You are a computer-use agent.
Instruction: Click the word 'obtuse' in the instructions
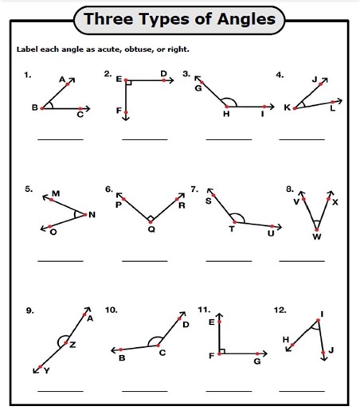pyautogui.click(x=122, y=49)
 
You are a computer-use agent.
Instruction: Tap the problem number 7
pyautogui.click(x=194, y=189)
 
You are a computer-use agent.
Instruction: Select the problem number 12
pyautogui.click(x=279, y=309)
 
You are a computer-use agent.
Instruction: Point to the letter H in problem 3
pyautogui.click(x=225, y=114)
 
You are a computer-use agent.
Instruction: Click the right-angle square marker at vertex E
pyautogui.click(x=128, y=81)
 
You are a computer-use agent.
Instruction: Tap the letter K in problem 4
pyautogui.click(x=288, y=107)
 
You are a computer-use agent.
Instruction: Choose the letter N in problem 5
pyautogui.click(x=92, y=214)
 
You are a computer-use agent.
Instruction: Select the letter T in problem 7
pyautogui.click(x=232, y=228)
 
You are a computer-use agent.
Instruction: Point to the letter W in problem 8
pyautogui.click(x=316, y=236)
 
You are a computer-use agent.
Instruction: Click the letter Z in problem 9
pyautogui.click(x=72, y=344)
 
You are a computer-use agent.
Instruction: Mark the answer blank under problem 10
pyautogui.click(x=144, y=391)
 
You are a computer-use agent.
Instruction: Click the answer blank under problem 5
pyautogui.click(x=60, y=260)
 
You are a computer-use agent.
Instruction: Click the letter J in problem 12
pyautogui.click(x=331, y=350)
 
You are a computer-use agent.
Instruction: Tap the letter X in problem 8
pyautogui.click(x=335, y=202)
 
